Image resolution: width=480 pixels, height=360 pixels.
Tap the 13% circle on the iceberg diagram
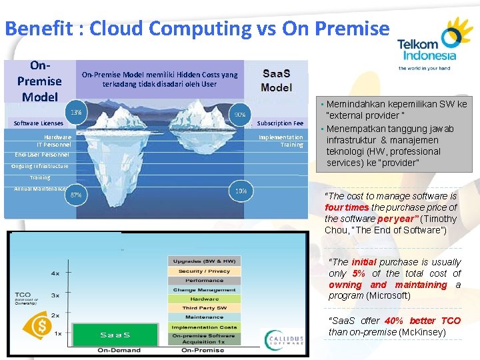(x=77, y=112)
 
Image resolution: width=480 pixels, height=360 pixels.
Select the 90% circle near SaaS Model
(x=240, y=114)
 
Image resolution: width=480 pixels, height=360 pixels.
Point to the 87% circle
(x=76, y=195)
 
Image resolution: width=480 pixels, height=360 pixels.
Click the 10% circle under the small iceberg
(x=241, y=191)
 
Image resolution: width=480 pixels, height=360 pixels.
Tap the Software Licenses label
(x=39, y=123)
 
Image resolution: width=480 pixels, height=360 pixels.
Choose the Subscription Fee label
(x=280, y=123)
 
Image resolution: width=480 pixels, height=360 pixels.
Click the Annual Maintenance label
(x=40, y=189)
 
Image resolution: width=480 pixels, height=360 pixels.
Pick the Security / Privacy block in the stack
(x=204, y=271)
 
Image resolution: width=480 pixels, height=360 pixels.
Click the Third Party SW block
(x=204, y=308)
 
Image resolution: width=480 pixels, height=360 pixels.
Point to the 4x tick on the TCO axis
(x=56, y=273)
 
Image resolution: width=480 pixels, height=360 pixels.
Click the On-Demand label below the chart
(x=119, y=350)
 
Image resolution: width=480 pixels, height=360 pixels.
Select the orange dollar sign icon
(x=41, y=327)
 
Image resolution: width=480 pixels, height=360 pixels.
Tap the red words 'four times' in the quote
(x=346, y=207)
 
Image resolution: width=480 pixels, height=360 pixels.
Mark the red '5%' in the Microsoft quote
(x=358, y=273)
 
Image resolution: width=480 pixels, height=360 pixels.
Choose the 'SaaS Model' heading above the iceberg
(x=276, y=81)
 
